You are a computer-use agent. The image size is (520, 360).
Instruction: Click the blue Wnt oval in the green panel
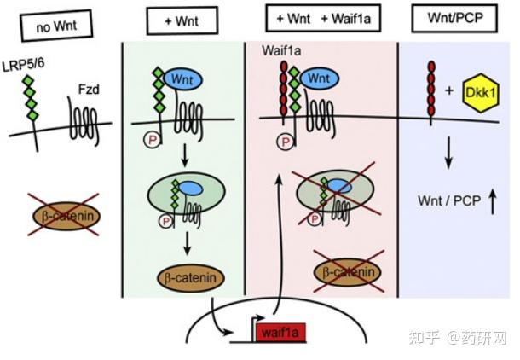(180, 78)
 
